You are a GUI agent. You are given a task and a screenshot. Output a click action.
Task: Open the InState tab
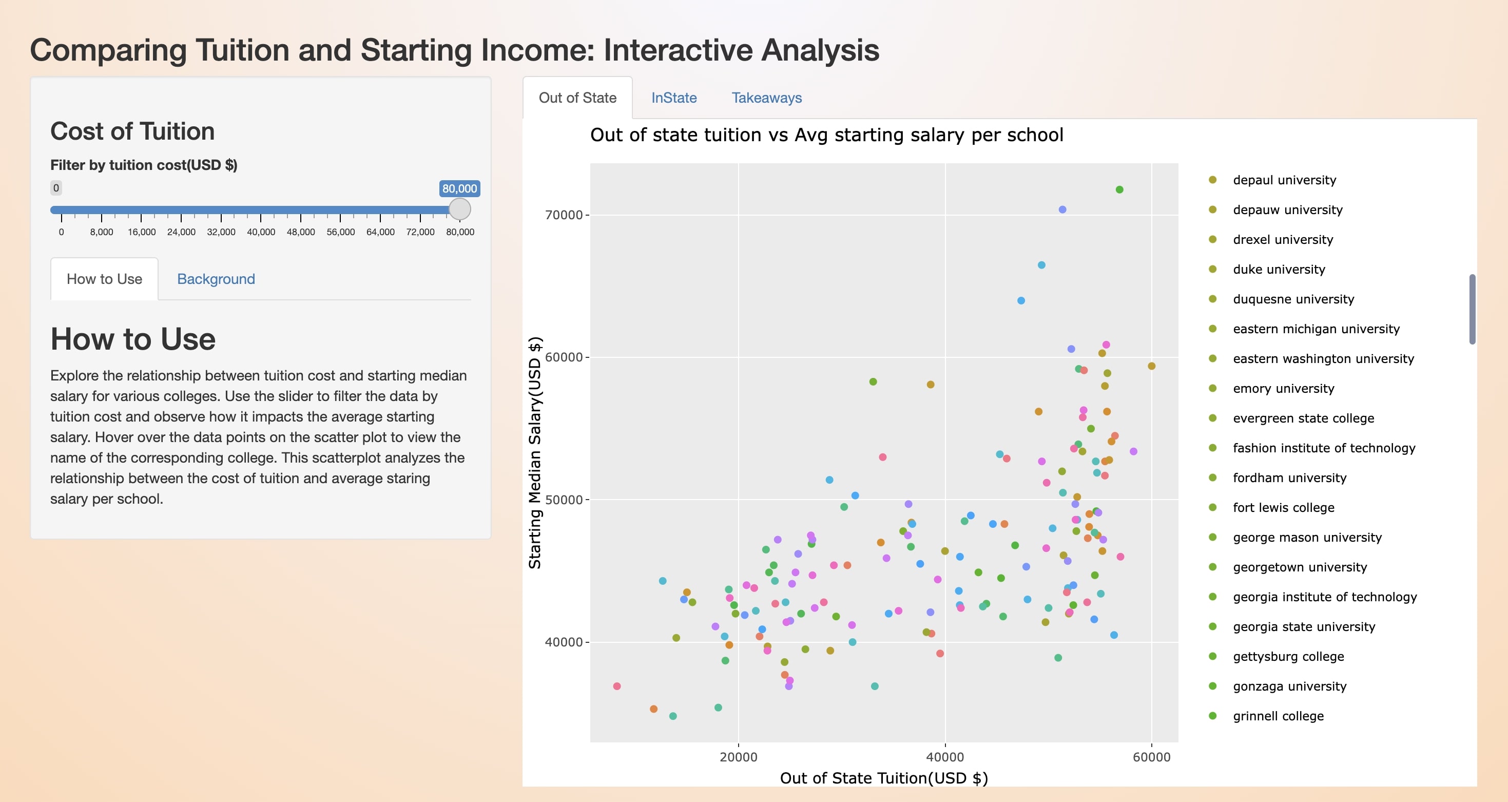674,98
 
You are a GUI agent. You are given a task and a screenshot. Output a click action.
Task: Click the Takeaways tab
766,98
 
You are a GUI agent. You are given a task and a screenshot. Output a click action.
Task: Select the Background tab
216,279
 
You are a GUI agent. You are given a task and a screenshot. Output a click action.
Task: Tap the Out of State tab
577,98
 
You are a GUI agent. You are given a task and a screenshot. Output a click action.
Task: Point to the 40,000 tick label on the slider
261,232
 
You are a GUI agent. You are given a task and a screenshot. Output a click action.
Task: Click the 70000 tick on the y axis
564,215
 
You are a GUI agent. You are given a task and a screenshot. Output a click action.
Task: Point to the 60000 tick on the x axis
1151,757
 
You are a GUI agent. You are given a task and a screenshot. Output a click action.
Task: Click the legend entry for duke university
1279,269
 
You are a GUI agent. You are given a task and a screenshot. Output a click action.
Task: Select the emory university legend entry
1283,389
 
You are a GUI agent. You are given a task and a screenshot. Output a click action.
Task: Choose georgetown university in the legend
1300,567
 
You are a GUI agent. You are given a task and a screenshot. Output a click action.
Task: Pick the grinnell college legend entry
1278,716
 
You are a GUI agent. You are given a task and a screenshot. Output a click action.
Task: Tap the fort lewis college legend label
1283,508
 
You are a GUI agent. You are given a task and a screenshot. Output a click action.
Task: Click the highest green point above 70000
1119,189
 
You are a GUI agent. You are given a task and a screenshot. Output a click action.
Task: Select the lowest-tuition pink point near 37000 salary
617,686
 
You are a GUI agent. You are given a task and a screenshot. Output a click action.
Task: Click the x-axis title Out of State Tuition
884,778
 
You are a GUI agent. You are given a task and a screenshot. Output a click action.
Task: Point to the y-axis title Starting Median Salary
535,452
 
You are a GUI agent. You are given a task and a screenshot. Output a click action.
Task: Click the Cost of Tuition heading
132,131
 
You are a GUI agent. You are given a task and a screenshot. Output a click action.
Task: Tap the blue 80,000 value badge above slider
459,188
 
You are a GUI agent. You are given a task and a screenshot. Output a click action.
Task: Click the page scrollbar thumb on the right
1472,309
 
